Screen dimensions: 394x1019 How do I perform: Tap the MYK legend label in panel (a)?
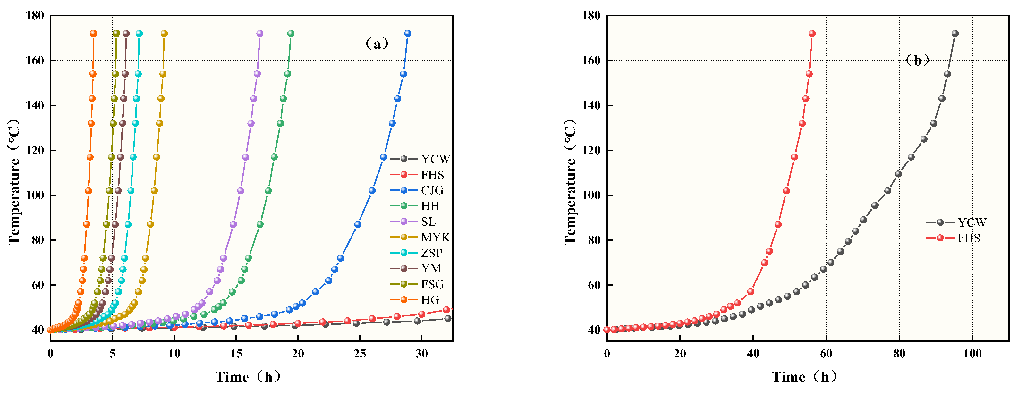pos(435,238)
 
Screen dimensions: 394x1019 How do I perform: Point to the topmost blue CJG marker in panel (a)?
pos(407,34)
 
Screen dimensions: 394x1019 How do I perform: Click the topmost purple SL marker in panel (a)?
pos(259,34)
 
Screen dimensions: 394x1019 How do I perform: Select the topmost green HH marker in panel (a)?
pos(291,34)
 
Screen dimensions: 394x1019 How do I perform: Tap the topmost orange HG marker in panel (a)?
pos(93,34)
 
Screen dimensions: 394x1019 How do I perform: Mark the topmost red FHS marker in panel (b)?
pos(812,34)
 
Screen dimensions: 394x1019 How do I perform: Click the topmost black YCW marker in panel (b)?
pos(955,34)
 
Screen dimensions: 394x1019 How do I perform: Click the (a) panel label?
pos(377,44)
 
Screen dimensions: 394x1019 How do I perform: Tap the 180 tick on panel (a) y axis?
pos(35,16)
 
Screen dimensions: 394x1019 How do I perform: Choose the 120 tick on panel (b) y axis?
pos(591,151)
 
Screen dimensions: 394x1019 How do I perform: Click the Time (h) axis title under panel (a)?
pos(248,377)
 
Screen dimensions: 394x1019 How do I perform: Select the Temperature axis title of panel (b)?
pos(570,182)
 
